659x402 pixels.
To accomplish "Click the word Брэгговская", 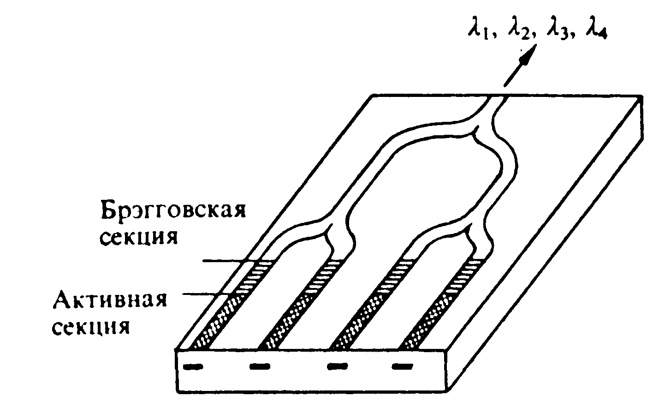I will [173, 211].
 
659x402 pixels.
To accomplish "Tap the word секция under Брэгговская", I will [139, 238].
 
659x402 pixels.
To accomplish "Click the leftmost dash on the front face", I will [193, 367].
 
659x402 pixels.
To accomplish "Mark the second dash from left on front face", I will [260, 367].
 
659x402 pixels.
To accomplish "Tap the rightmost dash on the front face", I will [402, 367].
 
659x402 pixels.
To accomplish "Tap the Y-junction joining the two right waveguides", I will [470, 224].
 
